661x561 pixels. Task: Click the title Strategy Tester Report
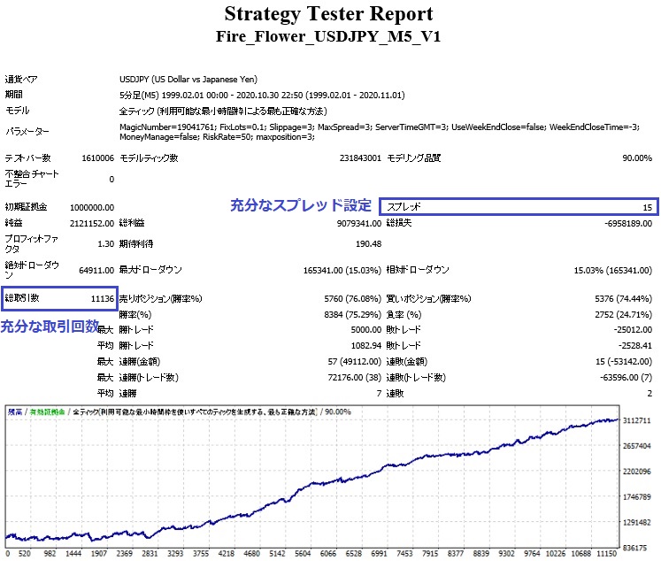pyautogui.click(x=328, y=14)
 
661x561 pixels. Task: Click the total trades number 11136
pyautogui.click(x=102, y=298)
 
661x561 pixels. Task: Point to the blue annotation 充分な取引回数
pyautogui.click(x=50, y=327)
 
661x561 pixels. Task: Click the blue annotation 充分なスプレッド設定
pyautogui.click(x=301, y=205)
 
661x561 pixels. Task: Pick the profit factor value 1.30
pyautogui.click(x=103, y=244)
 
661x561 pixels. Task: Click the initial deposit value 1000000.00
pyautogui.click(x=88, y=206)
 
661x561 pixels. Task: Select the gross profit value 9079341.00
pyautogui.click(x=356, y=223)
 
